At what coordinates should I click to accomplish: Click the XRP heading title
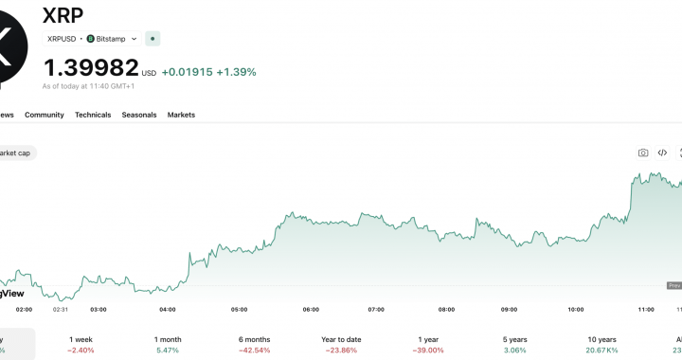(x=64, y=15)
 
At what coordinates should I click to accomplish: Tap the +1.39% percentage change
(x=236, y=72)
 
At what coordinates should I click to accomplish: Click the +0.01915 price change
(x=187, y=72)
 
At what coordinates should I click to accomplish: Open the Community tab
(x=45, y=115)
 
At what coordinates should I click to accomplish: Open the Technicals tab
(x=93, y=115)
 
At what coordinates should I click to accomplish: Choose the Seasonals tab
(x=139, y=115)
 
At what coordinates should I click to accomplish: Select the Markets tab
(x=181, y=115)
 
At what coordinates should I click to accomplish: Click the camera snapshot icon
(x=643, y=153)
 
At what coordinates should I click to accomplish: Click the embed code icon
(x=662, y=153)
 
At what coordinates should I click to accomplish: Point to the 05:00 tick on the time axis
(x=240, y=310)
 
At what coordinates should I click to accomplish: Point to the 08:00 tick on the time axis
(x=447, y=310)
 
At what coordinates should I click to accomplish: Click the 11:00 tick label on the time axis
(x=647, y=310)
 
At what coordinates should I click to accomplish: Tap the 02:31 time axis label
(x=60, y=310)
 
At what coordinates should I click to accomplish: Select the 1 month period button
(x=168, y=339)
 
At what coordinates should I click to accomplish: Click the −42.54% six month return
(x=256, y=351)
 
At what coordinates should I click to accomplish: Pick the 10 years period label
(x=601, y=339)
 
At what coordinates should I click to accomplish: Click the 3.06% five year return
(x=514, y=351)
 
